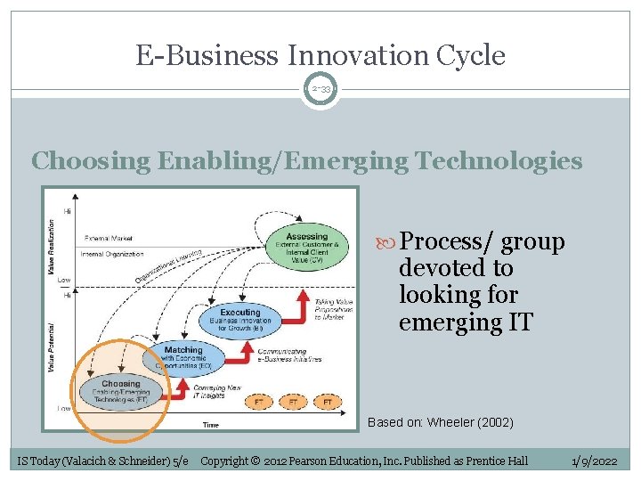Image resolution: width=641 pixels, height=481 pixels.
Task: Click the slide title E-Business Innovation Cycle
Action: pos(320,56)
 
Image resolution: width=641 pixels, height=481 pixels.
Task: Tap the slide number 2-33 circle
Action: pos(320,90)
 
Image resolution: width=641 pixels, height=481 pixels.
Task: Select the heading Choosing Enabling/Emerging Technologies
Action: pos(306,161)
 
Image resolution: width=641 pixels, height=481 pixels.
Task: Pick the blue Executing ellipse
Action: pos(240,320)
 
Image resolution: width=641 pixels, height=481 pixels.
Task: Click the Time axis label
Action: pos(210,425)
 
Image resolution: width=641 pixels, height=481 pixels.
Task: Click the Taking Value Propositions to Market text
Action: pos(333,308)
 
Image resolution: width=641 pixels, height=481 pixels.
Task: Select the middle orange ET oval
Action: pos(293,403)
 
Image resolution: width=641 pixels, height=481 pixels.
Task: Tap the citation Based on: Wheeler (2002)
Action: pos(441,422)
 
